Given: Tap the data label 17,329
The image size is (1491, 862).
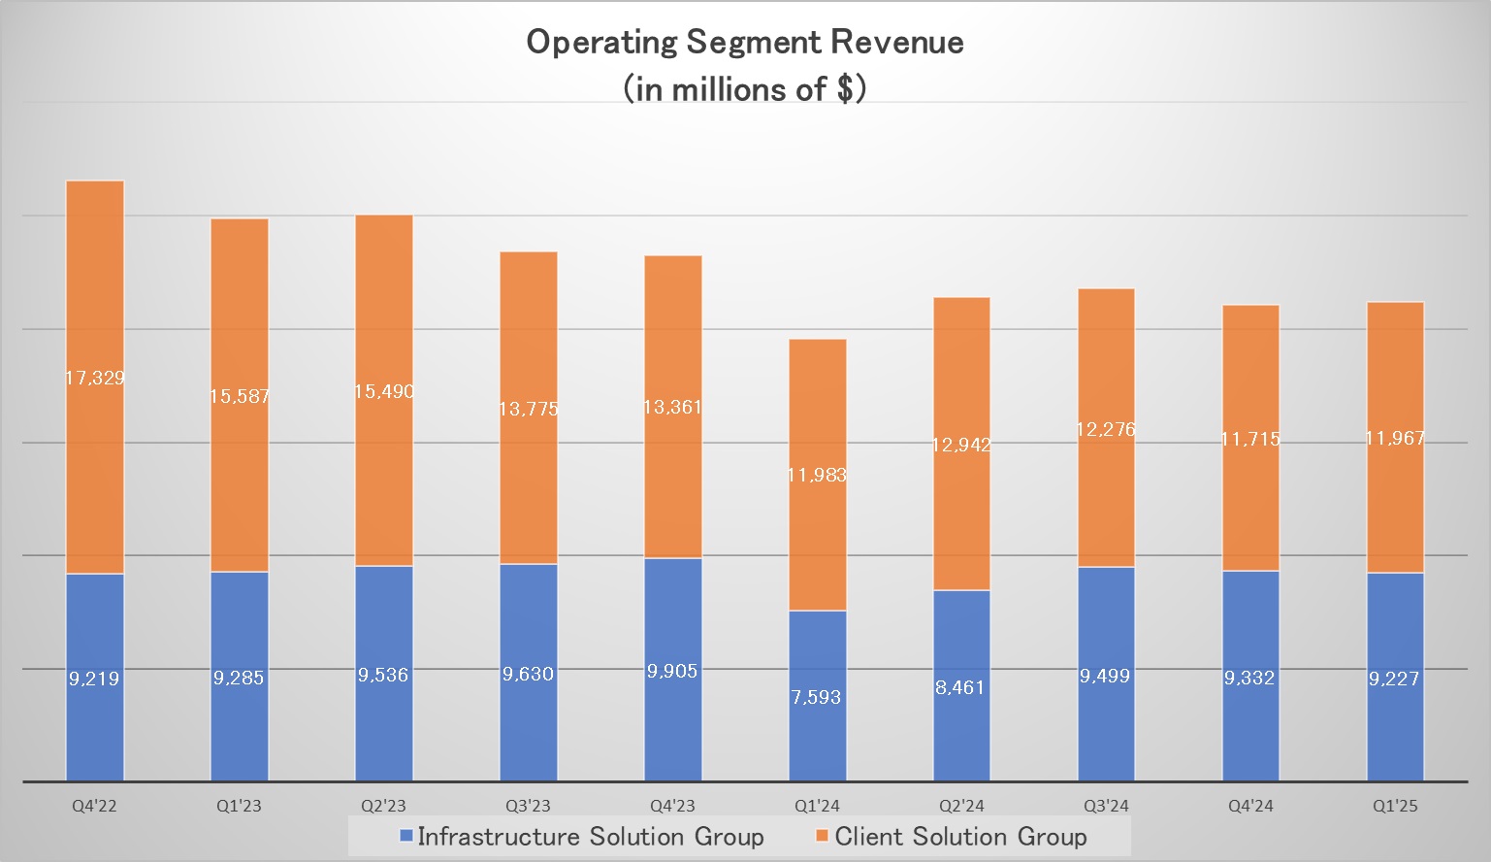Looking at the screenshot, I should coord(94,378).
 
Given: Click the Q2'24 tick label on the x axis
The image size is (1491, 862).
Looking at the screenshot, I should coord(961,806).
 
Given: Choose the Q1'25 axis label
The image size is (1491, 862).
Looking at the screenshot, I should coord(1395,806).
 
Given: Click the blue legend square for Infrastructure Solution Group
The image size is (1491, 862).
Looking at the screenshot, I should coord(406,836).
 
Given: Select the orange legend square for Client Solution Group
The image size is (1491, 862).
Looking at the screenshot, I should coord(823,836).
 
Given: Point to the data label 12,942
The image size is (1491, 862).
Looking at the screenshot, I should coord(961,445).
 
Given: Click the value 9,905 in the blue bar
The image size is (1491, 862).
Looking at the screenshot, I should coord(672,671).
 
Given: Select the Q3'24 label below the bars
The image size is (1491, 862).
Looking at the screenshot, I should coord(1106,806).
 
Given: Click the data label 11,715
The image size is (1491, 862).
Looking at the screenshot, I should coord(1250,439).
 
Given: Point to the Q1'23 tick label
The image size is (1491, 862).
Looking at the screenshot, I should coord(239,806).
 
